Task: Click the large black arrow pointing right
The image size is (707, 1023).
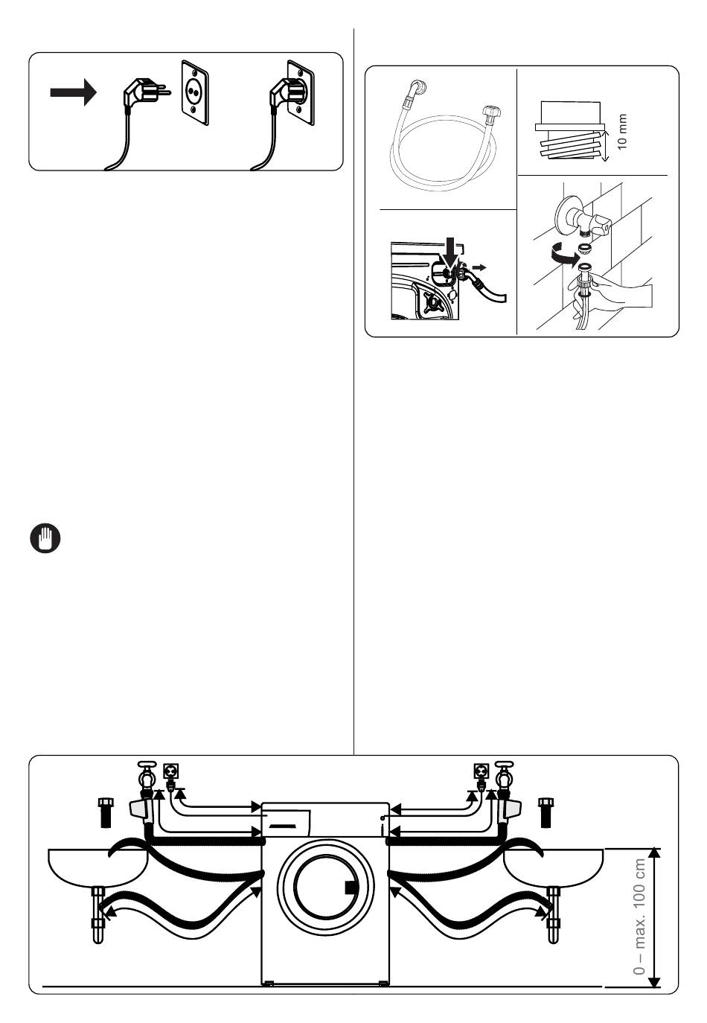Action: (73, 92)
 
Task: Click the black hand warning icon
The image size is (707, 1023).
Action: (45, 538)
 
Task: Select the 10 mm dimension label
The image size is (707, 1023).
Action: (623, 132)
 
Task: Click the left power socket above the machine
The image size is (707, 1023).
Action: (171, 771)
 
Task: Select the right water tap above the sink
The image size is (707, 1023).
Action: (506, 778)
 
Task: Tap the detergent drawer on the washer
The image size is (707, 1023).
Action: (287, 822)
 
